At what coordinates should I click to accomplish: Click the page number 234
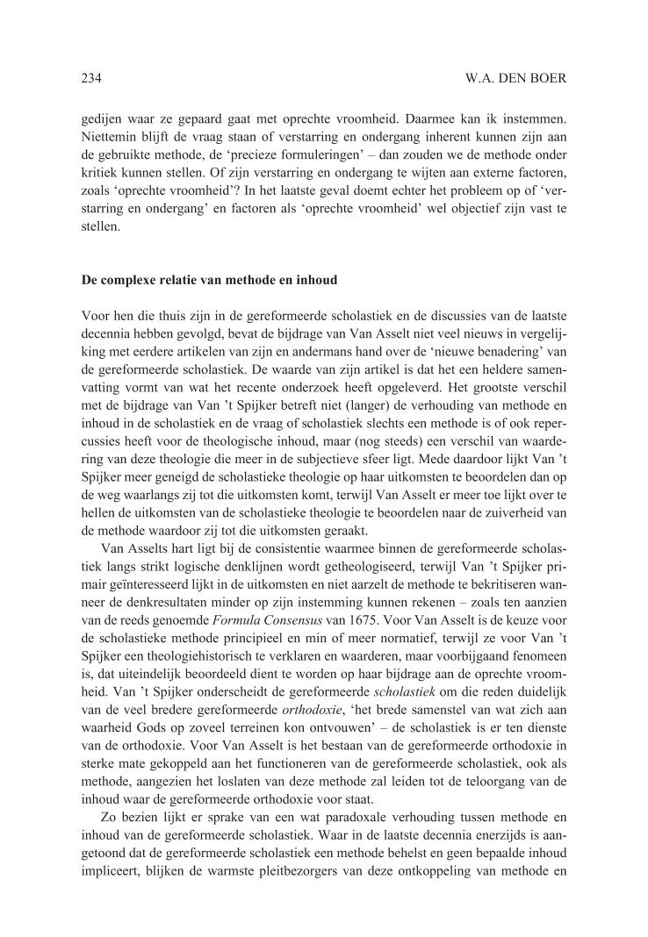90,78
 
